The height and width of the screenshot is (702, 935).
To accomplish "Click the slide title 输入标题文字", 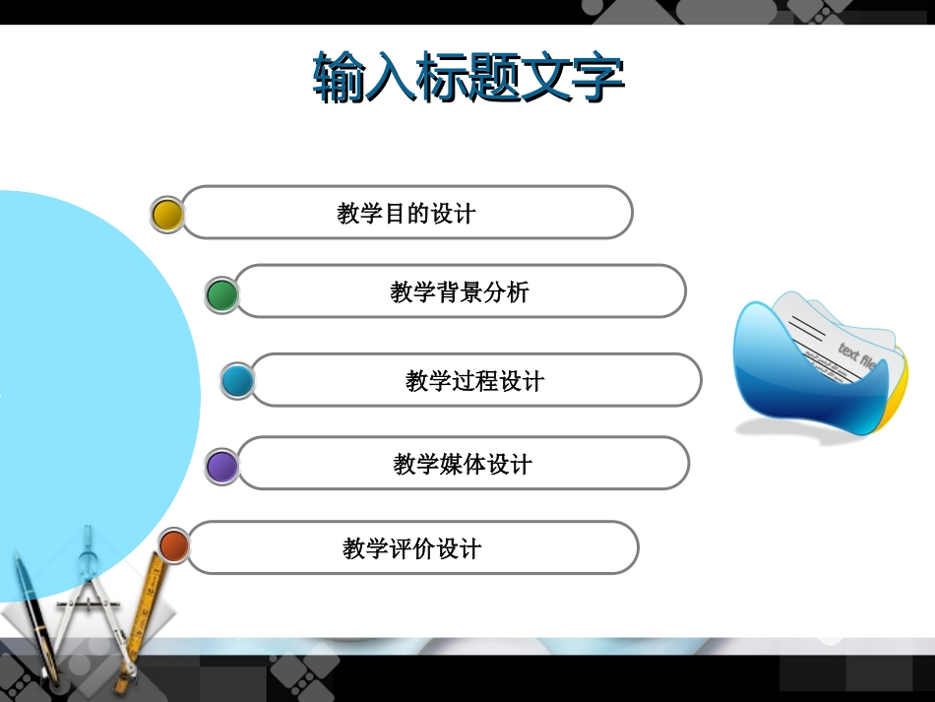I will (468, 79).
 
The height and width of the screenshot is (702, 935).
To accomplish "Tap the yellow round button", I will (167, 213).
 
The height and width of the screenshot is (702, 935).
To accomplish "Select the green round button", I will (222, 293).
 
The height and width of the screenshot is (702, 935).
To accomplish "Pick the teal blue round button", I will (237, 380).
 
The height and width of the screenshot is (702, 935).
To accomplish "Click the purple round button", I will (222, 465).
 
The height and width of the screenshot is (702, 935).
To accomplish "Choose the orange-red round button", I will (174, 545).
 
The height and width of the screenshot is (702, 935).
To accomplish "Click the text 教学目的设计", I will (405, 214).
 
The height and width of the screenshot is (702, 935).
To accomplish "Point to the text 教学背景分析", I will (459, 292).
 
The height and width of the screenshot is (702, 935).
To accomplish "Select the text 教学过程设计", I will (474, 381).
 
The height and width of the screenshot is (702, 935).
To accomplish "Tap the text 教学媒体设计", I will (462, 465).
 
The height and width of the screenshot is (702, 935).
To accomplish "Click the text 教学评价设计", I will (411, 548).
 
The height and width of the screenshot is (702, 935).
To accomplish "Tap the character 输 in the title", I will (340, 79).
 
